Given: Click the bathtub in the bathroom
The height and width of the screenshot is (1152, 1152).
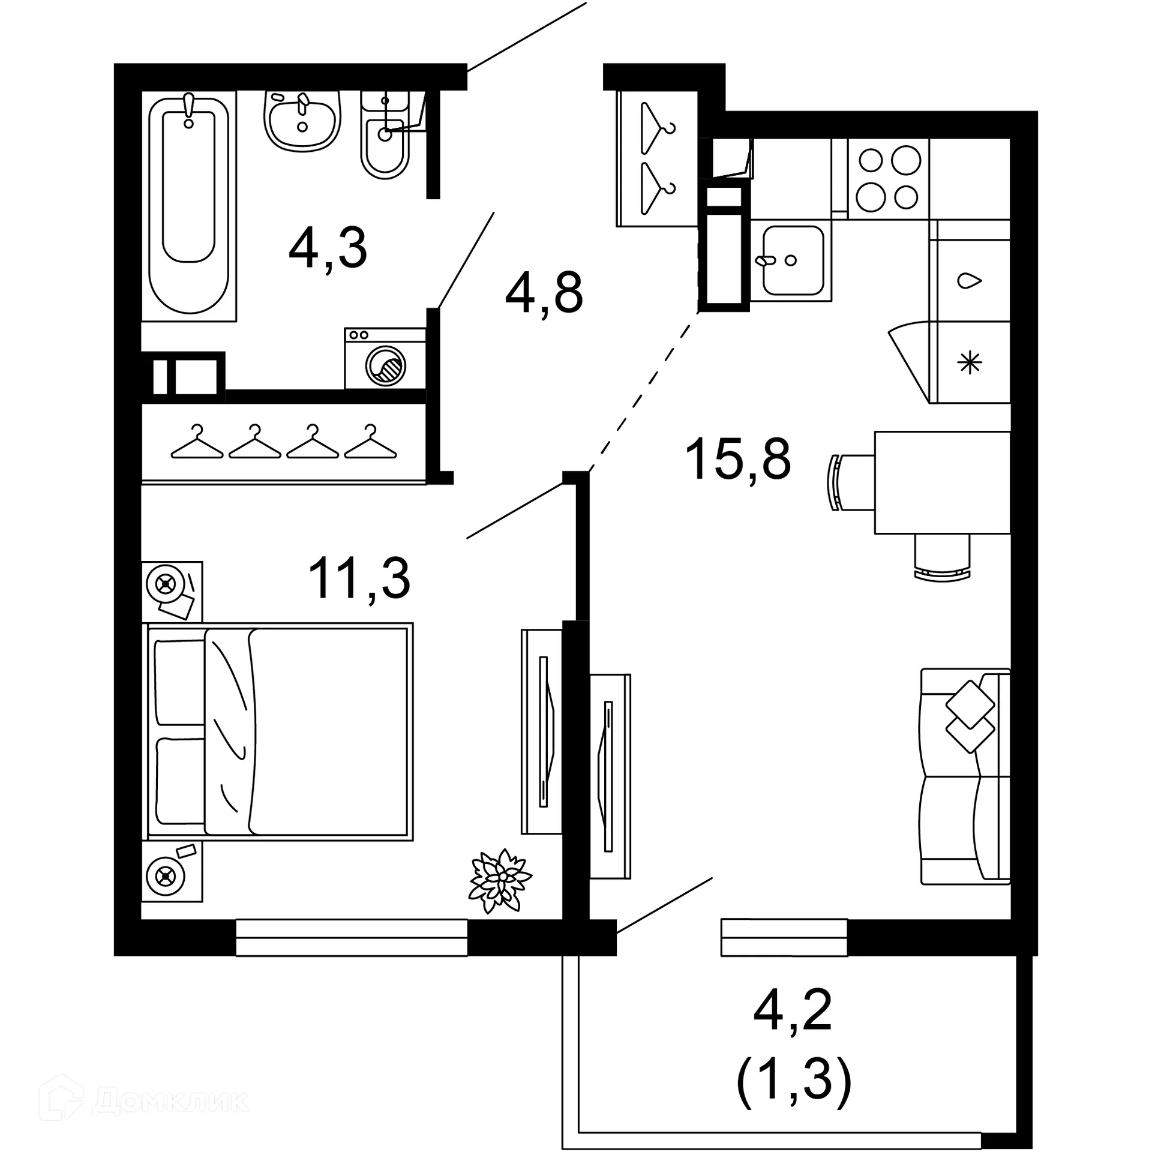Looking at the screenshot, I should (189, 204).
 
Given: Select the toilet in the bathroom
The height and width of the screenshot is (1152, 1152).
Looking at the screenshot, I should (385, 141).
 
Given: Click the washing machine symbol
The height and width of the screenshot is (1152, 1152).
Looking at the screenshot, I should (385, 359).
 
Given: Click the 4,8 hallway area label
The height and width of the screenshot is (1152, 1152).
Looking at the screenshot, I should (544, 293).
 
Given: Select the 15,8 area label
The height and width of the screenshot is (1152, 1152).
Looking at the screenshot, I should (737, 459).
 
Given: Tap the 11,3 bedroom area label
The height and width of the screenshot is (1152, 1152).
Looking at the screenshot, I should (359, 578).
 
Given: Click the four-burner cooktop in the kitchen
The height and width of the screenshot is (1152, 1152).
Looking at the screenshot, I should (888, 179).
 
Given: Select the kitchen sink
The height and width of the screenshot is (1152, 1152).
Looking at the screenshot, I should (792, 260).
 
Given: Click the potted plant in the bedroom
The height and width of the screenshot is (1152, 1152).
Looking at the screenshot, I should (499, 881).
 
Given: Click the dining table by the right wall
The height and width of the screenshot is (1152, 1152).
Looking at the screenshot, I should (942, 482).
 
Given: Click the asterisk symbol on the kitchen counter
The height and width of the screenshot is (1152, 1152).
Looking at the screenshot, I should (970, 362).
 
